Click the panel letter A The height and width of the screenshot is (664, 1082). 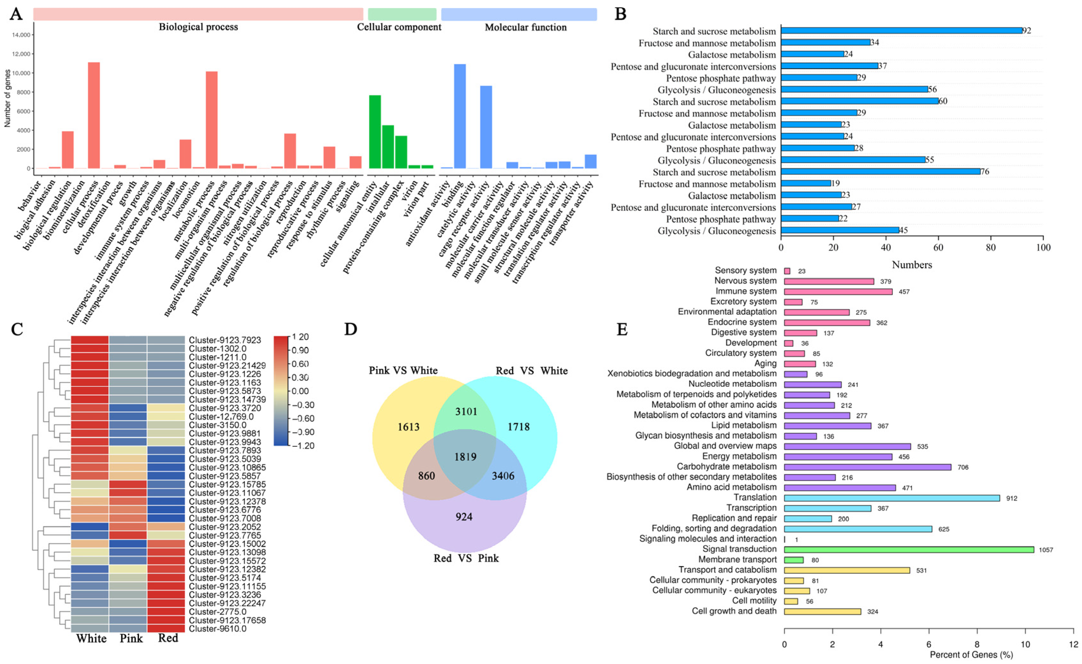click(x=16, y=14)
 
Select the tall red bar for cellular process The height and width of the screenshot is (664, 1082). click(x=94, y=115)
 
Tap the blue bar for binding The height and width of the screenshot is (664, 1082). click(x=460, y=116)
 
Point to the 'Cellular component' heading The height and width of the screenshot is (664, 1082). click(x=399, y=27)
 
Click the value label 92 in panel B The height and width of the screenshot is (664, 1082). click(x=1026, y=31)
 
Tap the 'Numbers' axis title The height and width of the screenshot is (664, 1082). click(x=911, y=265)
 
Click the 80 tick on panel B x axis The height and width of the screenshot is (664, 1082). click(x=991, y=248)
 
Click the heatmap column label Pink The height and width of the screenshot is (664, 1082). click(x=131, y=638)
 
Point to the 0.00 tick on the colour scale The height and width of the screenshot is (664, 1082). click(x=300, y=391)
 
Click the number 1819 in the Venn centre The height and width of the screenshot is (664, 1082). click(x=465, y=457)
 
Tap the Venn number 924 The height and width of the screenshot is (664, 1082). click(x=464, y=516)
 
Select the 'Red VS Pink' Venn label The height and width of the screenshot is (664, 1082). click(x=466, y=558)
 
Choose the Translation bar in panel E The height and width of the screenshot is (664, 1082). click(x=891, y=498)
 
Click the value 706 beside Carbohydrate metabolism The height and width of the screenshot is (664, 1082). click(x=962, y=467)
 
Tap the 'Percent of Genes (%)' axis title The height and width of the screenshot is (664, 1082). click(x=971, y=655)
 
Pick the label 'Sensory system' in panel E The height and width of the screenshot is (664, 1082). click(x=745, y=271)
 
